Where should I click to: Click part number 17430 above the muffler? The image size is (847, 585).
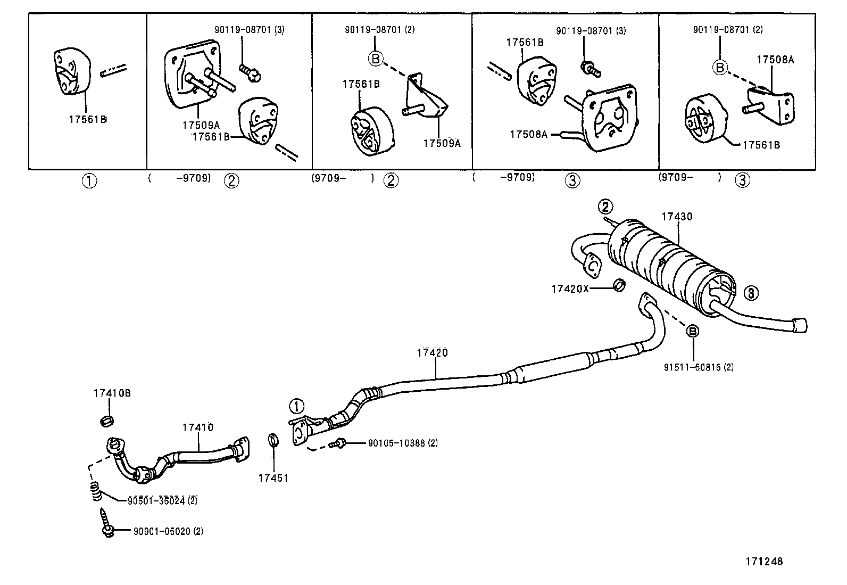click(x=677, y=217)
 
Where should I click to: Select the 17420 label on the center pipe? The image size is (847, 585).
click(x=432, y=352)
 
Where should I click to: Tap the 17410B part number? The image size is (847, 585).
click(x=112, y=393)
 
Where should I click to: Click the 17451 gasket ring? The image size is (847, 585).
click(x=273, y=441)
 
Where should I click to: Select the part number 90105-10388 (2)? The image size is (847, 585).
click(x=402, y=443)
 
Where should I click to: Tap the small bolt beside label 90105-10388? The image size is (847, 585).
click(x=338, y=443)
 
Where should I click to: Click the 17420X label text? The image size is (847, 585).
click(x=570, y=289)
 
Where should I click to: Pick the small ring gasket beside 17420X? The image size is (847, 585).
click(x=619, y=285)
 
